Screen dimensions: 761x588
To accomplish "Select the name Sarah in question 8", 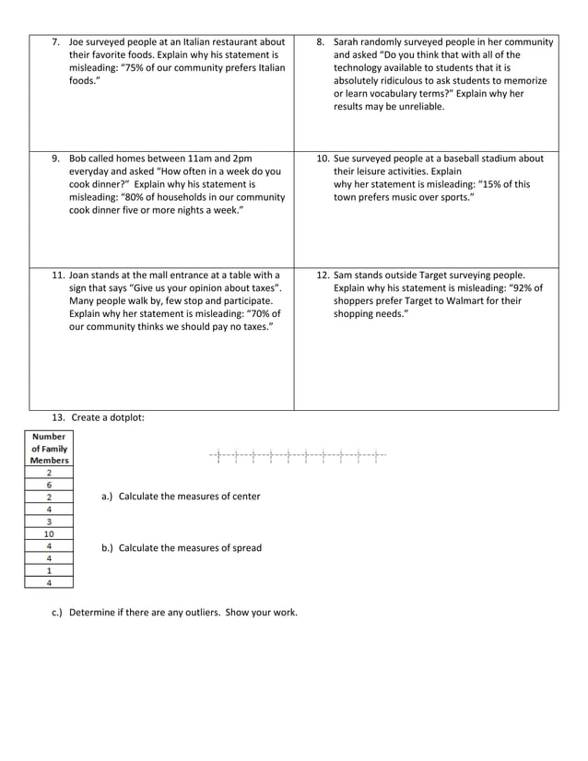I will point(348,41).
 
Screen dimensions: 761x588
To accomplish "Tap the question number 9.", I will point(56,158).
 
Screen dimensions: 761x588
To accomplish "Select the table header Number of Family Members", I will point(49,449).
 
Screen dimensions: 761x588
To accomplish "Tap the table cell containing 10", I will point(49,533).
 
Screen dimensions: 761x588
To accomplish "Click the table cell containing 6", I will point(49,485).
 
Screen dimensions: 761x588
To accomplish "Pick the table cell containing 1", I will point(49,569).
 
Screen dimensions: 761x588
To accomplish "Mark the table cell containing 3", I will point(49,521).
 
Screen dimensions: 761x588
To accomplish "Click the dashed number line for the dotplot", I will point(298,455).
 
